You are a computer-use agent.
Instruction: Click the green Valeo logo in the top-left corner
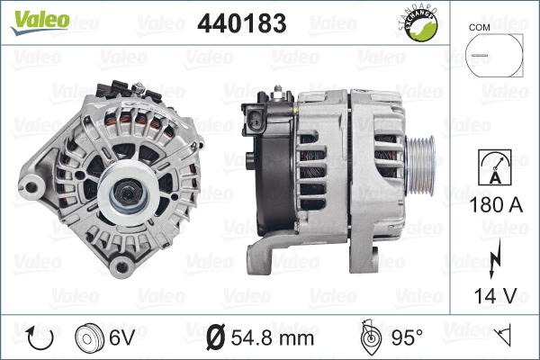(36, 20)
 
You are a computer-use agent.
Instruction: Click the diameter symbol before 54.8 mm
(216, 337)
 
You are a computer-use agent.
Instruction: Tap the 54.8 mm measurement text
(272, 337)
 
